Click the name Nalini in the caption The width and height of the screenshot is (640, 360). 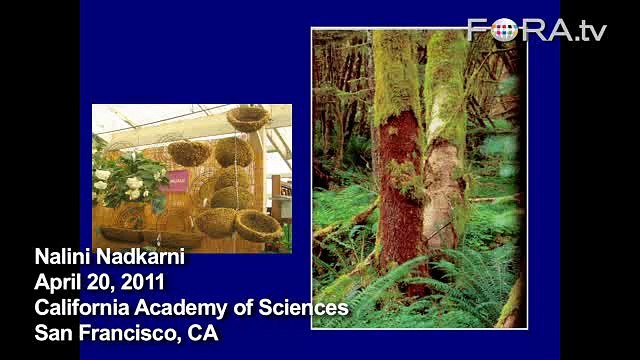[x=61, y=259]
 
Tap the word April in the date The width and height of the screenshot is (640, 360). [x=57, y=283]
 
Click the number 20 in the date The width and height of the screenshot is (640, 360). [x=104, y=283]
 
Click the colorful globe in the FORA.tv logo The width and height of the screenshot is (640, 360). [x=505, y=30]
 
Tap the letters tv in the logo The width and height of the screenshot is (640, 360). [x=589, y=32]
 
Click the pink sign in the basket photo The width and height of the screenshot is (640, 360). [x=177, y=181]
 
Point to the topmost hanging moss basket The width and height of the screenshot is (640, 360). [x=248, y=119]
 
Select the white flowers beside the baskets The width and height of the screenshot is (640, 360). [x=119, y=181]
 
